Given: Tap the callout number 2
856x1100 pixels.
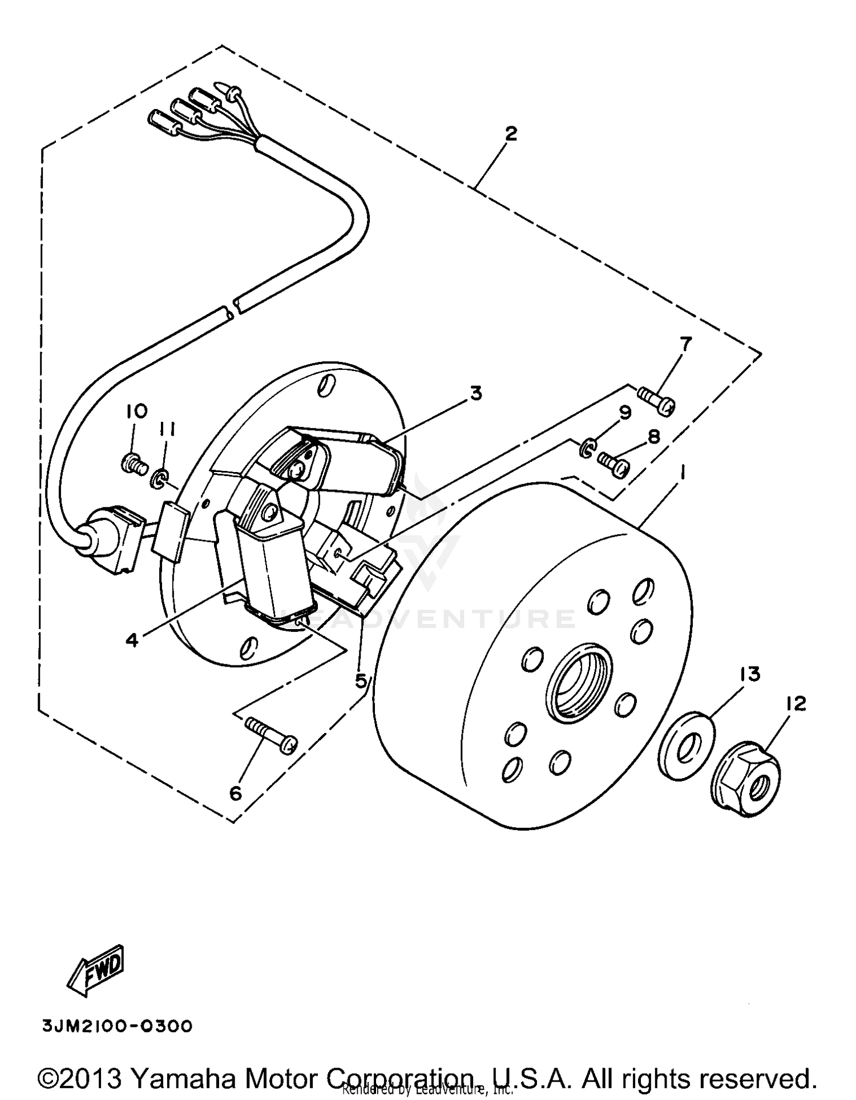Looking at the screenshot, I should pos(511,134).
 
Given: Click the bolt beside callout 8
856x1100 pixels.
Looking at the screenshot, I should pos(613,463).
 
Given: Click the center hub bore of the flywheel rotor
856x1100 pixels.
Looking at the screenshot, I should pos(579,681).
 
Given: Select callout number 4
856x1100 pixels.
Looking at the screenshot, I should pos(132,640).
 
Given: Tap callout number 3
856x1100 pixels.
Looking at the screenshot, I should pos(475,393).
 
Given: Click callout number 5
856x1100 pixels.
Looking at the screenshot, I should pos(361,680).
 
